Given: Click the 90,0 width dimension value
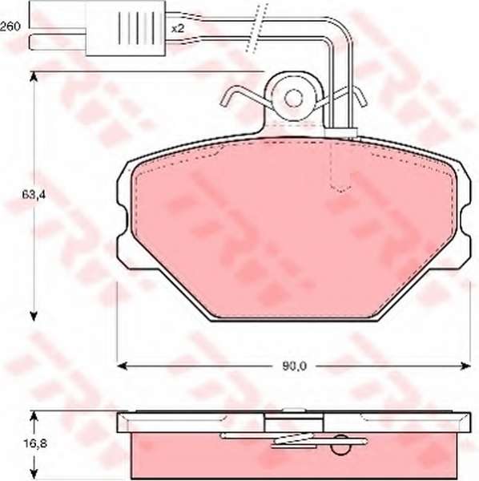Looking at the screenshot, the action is (x=294, y=366).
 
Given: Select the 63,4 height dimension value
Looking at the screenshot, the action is (x=34, y=195).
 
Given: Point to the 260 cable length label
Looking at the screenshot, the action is (x=10, y=26).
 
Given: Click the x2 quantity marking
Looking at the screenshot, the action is (x=178, y=29).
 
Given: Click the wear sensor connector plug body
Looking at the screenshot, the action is (x=125, y=28).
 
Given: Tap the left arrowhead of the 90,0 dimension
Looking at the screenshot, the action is (x=123, y=366).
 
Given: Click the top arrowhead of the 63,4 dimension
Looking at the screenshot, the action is (x=34, y=77).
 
